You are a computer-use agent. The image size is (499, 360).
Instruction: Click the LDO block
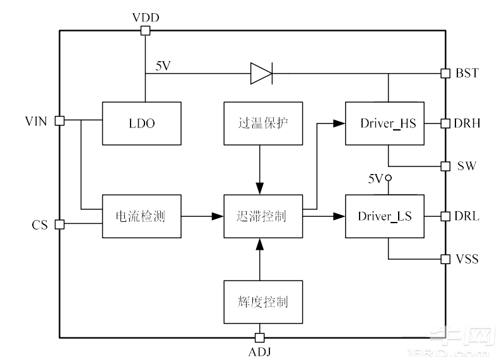(142, 124)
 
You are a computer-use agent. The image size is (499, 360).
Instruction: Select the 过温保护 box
(259, 124)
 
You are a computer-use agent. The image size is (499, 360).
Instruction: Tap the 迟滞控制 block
(263, 216)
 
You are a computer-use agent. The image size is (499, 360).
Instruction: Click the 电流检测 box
(142, 216)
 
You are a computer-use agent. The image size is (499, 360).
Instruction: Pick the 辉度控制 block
(259, 302)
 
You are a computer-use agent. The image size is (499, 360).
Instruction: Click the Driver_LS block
(385, 216)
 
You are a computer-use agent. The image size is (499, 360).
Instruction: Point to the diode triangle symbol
(261, 73)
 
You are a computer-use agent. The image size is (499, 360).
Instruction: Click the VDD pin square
(146, 30)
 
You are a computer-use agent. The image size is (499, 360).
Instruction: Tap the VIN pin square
(60, 120)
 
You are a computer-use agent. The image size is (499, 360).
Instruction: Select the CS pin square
(60, 224)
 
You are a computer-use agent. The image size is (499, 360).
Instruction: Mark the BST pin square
(445, 73)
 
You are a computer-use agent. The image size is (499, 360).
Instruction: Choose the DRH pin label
(467, 124)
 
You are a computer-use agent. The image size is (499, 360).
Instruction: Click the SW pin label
(467, 166)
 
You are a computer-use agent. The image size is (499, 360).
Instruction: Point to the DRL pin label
(467, 216)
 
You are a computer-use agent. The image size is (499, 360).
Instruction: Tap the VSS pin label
(467, 259)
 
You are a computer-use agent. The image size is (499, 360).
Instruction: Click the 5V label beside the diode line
(163, 66)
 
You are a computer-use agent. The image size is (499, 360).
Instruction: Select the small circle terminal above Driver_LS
(389, 179)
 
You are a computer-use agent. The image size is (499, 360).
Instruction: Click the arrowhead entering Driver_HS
(341, 124)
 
